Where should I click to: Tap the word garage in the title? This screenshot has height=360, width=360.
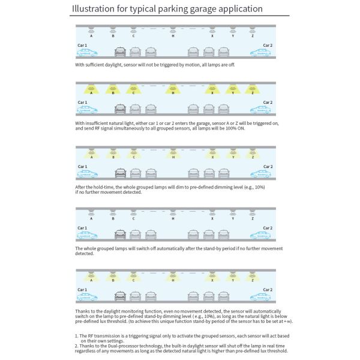point(208,10)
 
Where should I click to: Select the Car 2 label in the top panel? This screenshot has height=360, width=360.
point(267,45)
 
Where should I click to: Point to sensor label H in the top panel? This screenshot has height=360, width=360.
point(173,36)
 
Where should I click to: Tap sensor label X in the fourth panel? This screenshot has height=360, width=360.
point(212,218)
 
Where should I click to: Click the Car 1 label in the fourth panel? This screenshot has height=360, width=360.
point(82,227)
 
